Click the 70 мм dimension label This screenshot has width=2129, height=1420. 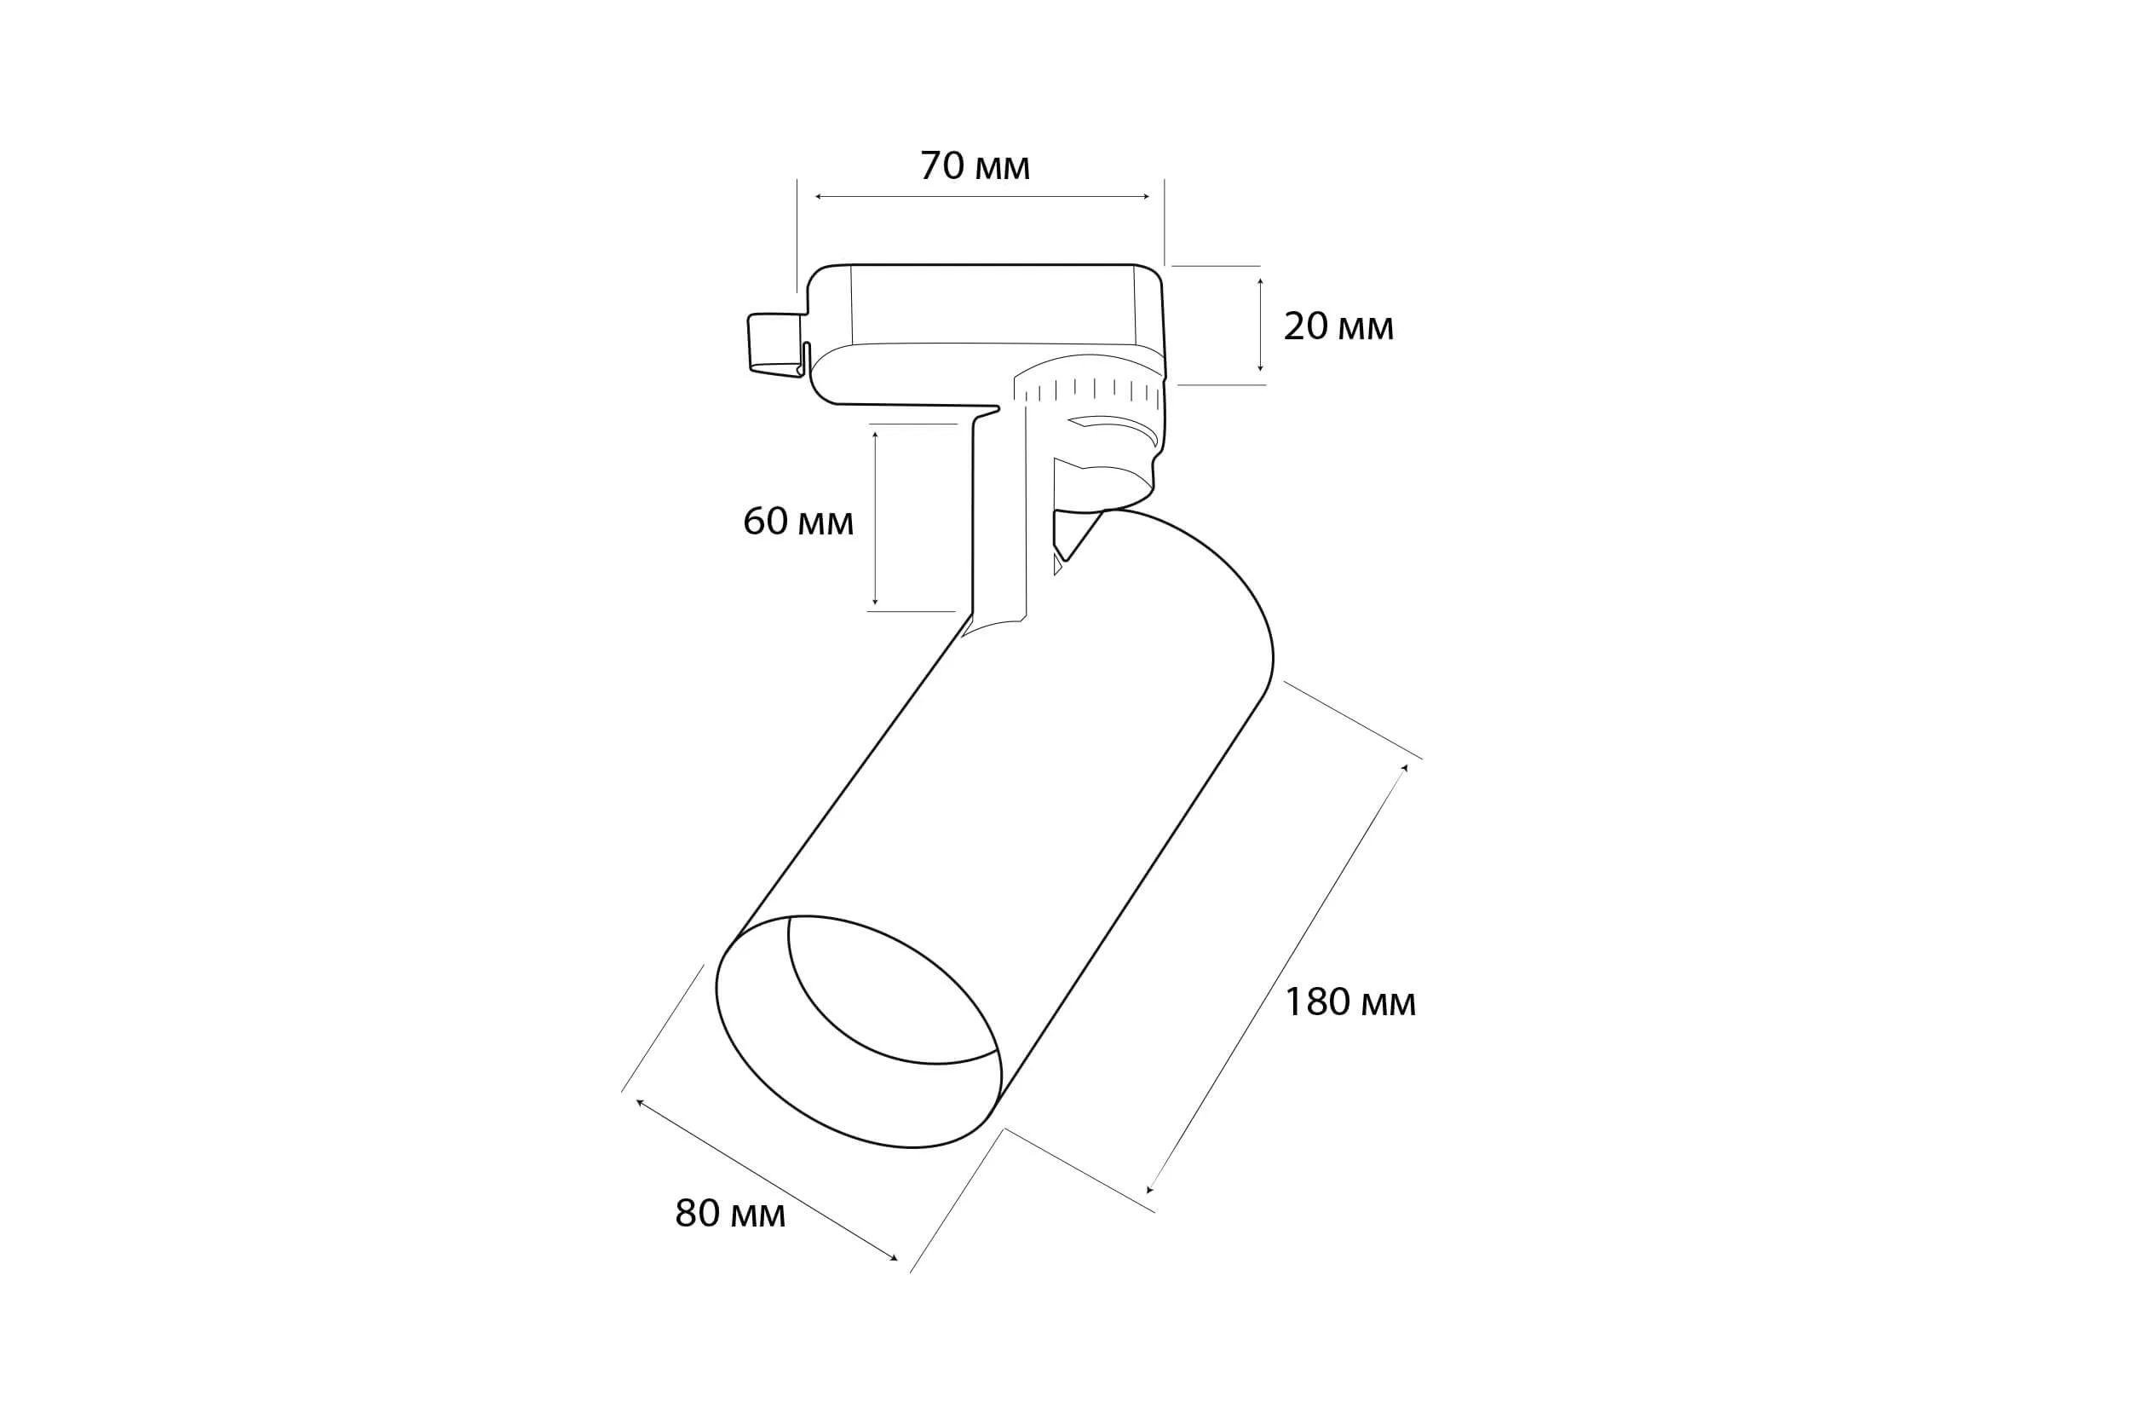coord(975,167)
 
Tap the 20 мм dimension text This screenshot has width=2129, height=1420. coord(1338,327)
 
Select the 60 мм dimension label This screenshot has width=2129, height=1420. coord(797,522)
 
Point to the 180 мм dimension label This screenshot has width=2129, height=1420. coord(1349,1002)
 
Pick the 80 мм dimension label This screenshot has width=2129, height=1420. coord(729,1215)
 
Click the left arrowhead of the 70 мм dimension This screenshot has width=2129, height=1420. coord(817,197)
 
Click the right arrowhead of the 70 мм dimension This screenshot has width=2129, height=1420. coord(1147,197)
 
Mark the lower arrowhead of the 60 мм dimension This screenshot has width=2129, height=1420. coord(875,602)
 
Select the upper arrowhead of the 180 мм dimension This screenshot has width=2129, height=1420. coord(1404,768)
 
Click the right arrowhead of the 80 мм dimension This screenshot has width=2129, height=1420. coord(895,1258)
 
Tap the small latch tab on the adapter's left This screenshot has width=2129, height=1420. coord(774,343)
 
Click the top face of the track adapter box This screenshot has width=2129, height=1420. coord(991,303)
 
